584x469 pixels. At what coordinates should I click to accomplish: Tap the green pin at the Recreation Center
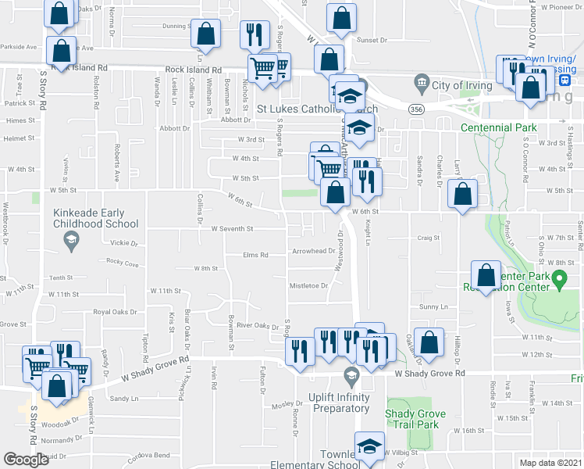pos(559,278)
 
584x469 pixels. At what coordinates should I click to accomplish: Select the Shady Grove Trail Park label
pos(417,420)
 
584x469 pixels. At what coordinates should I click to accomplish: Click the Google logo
pos(26,460)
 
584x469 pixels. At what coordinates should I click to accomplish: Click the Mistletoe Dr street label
pos(308,285)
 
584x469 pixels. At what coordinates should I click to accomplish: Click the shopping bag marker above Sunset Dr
pos(341,17)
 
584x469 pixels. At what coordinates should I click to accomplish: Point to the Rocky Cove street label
pos(122,263)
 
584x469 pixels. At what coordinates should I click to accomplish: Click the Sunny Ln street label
pos(433,307)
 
